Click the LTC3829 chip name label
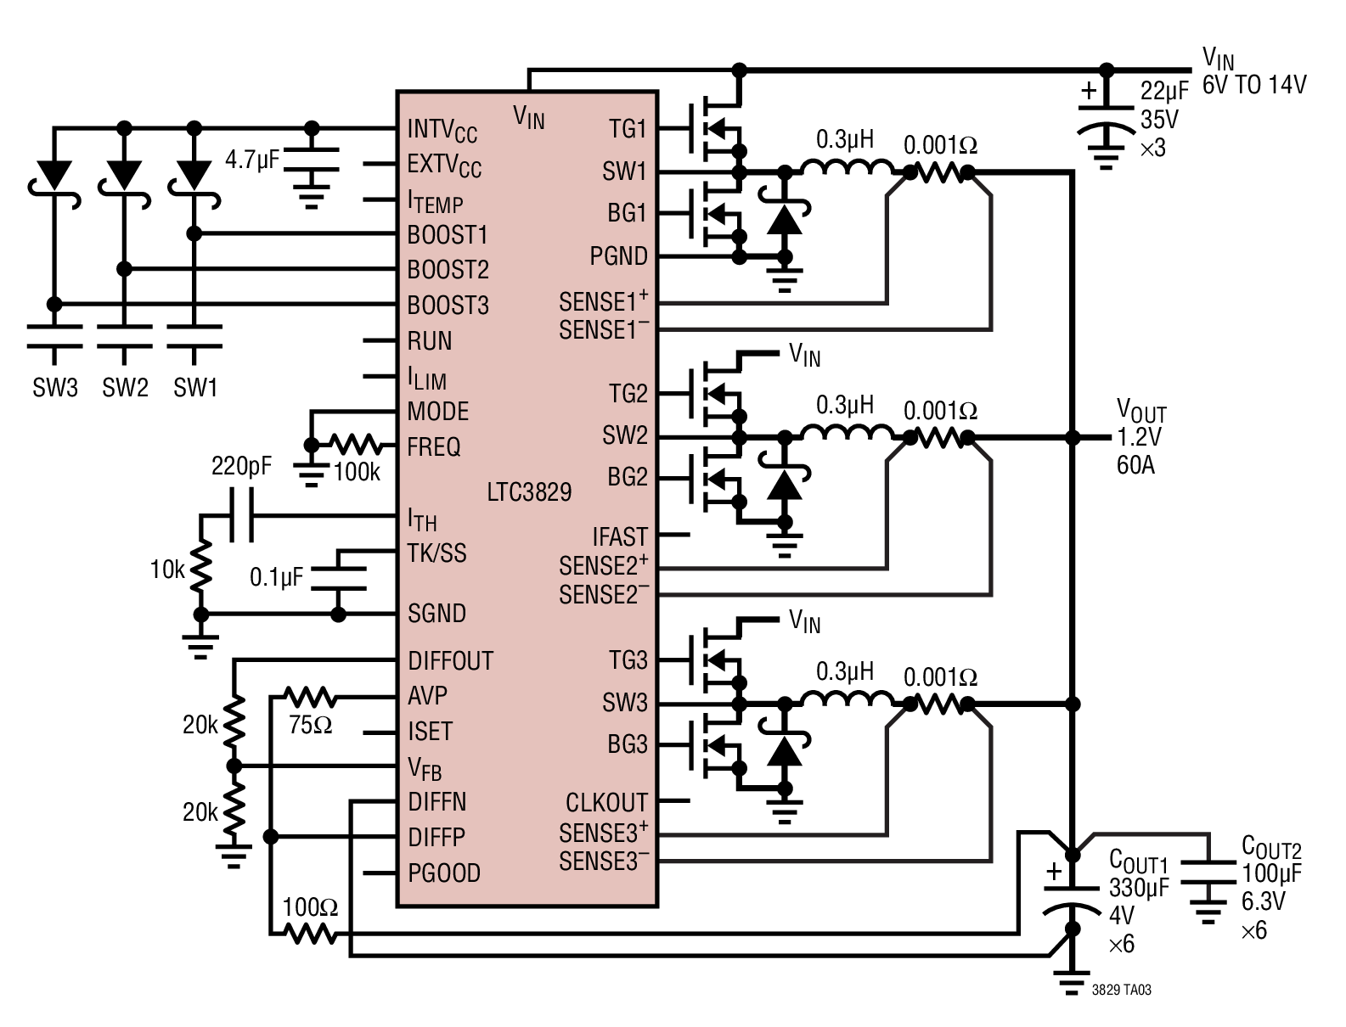(x=529, y=492)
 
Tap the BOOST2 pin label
(x=448, y=270)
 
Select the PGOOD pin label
(x=445, y=873)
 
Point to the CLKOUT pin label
(x=606, y=802)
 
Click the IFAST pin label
(x=620, y=536)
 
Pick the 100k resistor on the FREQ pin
(x=356, y=445)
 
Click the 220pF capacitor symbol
(x=242, y=515)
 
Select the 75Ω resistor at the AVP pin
(x=310, y=697)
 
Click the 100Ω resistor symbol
(x=310, y=934)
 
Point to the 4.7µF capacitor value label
(x=252, y=160)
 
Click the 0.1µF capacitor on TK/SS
(x=338, y=579)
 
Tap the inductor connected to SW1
(x=847, y=168)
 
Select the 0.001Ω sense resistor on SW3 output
(x=939, y=704)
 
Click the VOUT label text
(x=1141, y=410)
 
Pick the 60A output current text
(x=1135, y=465)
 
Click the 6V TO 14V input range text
(x=1254, y=85)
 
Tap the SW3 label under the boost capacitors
(x=55, y=387)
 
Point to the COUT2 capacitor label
(x=1271, y=847)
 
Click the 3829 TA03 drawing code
(x=1122, y=990)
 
